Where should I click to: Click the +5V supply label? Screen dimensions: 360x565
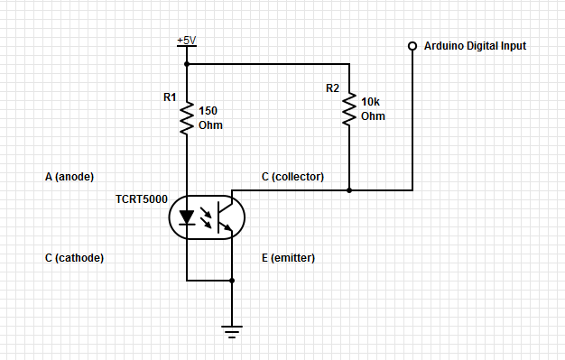pos(186,42)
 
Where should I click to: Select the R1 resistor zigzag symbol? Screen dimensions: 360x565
pos(186,117)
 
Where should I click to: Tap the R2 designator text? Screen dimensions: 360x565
pos(332,88)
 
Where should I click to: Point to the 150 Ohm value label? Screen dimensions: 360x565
pos(209,118)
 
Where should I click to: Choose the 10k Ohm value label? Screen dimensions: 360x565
pos(373,109)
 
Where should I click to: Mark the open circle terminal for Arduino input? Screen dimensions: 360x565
pos(412,46)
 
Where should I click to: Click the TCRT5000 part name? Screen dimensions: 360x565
pos(141,198)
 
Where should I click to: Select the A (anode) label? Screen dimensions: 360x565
pos(69,176)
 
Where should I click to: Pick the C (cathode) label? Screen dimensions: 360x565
pos(74,257)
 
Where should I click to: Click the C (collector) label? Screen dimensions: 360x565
pos(292,177)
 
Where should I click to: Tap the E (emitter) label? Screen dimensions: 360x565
pos(288,258)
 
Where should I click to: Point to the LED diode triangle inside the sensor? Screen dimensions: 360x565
pos(186,217)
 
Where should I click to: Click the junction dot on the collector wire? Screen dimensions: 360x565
pos(348,190)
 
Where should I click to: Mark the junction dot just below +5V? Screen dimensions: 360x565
pos(186,64)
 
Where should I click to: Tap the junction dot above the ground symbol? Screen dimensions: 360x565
pos(232,281)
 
